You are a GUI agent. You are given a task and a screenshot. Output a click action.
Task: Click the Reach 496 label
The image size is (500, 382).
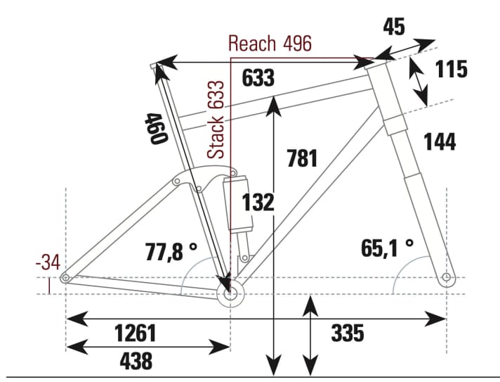click(270, 44)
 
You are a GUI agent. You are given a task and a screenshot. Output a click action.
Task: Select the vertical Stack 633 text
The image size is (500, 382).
click(218, 120)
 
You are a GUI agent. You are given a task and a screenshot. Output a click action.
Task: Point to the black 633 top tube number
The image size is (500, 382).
click(258, 79)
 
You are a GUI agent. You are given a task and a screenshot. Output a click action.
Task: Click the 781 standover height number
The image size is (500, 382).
click(302, 158)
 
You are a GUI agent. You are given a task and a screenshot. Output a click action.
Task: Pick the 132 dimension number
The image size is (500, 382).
click(258, 203)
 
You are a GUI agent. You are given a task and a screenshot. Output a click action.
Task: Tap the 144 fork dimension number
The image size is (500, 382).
click(440, 142)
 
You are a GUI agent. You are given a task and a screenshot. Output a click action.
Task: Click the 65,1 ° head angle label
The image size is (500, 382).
click(387, 248)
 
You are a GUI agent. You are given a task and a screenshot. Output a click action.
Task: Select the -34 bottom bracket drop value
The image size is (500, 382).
click(47, 265)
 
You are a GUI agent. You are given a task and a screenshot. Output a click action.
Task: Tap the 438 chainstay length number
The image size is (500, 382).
click(136, 361)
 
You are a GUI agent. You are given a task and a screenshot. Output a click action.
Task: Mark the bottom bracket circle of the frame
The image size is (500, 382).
click(230, 295)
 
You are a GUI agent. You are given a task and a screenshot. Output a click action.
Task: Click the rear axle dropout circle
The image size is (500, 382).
click(65, 279)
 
